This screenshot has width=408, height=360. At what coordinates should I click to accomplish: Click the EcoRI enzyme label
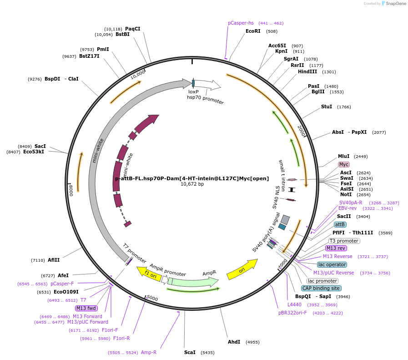click(253, 31)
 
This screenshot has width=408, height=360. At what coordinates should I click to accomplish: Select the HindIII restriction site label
click(307, 71)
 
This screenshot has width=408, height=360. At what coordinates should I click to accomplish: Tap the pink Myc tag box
click(344, 164)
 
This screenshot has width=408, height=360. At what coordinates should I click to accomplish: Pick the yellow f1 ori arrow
click(149, 274)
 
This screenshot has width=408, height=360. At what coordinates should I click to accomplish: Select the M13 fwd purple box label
click(86, 308)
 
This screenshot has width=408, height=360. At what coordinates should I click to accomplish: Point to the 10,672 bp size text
click(192, 184)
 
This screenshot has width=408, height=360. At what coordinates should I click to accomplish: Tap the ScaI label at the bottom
click(190, 352)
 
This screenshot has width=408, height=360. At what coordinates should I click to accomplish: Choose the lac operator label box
click(332, 264)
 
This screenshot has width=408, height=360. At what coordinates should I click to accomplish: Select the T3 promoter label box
click(344, 241)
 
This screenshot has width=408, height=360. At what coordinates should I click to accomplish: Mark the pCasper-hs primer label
click(241, 23)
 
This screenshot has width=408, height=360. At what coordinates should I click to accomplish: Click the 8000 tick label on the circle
click(71, 190)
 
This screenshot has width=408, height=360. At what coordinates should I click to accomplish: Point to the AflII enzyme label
click(54, 260)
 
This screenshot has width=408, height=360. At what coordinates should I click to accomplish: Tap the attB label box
click(340, 224)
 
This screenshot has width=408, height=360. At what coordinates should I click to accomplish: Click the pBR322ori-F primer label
click(293, 313)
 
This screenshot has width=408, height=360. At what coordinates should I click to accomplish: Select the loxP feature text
click(193, 91)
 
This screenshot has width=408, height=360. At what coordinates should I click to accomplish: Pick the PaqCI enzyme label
click(133, 29)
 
